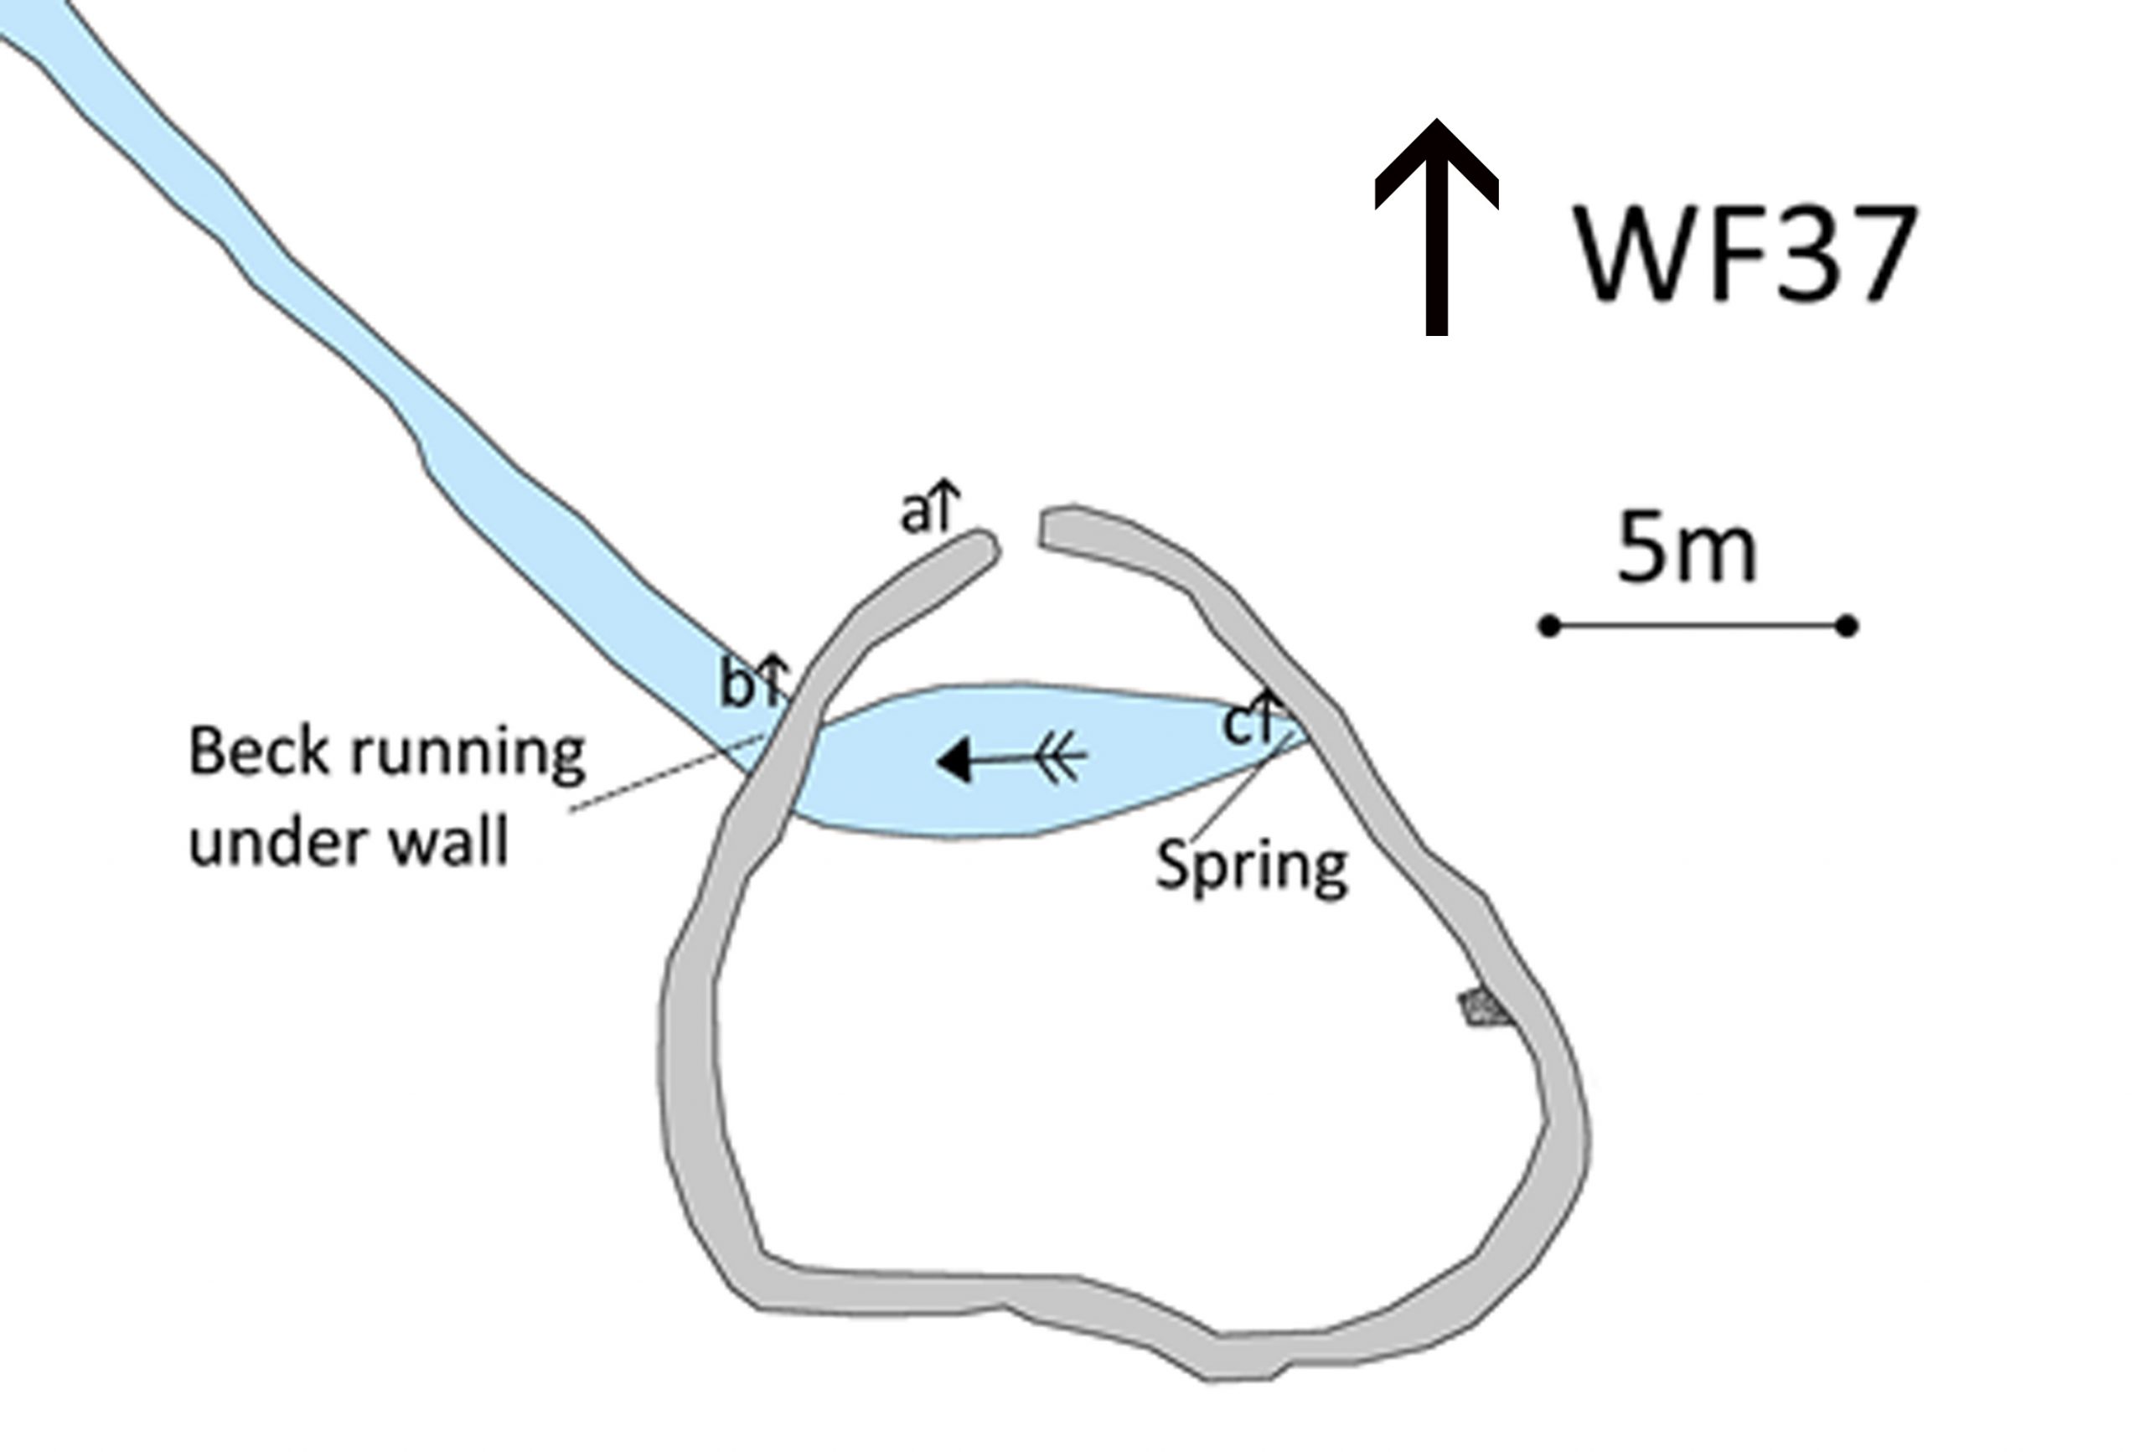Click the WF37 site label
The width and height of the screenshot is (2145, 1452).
tap(1745, 254)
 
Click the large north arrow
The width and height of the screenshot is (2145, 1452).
tap(1436, 226)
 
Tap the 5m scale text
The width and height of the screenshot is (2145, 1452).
tap(1687, 550)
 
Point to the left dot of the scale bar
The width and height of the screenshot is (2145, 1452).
tap(1550, 627)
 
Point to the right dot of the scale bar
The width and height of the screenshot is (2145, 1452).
tap(1846, 627)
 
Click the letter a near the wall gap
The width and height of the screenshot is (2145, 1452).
tap(915, 515)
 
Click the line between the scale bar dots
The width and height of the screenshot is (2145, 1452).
tap(1698, 627)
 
